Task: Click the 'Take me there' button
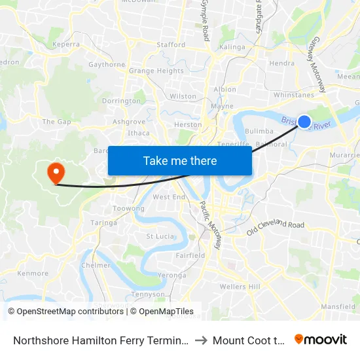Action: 180,160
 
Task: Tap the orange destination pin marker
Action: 56,173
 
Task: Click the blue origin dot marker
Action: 304,121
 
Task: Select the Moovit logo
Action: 321,340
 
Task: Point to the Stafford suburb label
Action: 171,45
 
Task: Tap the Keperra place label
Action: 65,45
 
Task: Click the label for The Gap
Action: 56,122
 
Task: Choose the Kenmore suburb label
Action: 33,274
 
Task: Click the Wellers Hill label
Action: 242,287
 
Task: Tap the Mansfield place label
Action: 338,306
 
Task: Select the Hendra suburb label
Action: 281,63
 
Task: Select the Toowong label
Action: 129,209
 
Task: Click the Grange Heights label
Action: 156,71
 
